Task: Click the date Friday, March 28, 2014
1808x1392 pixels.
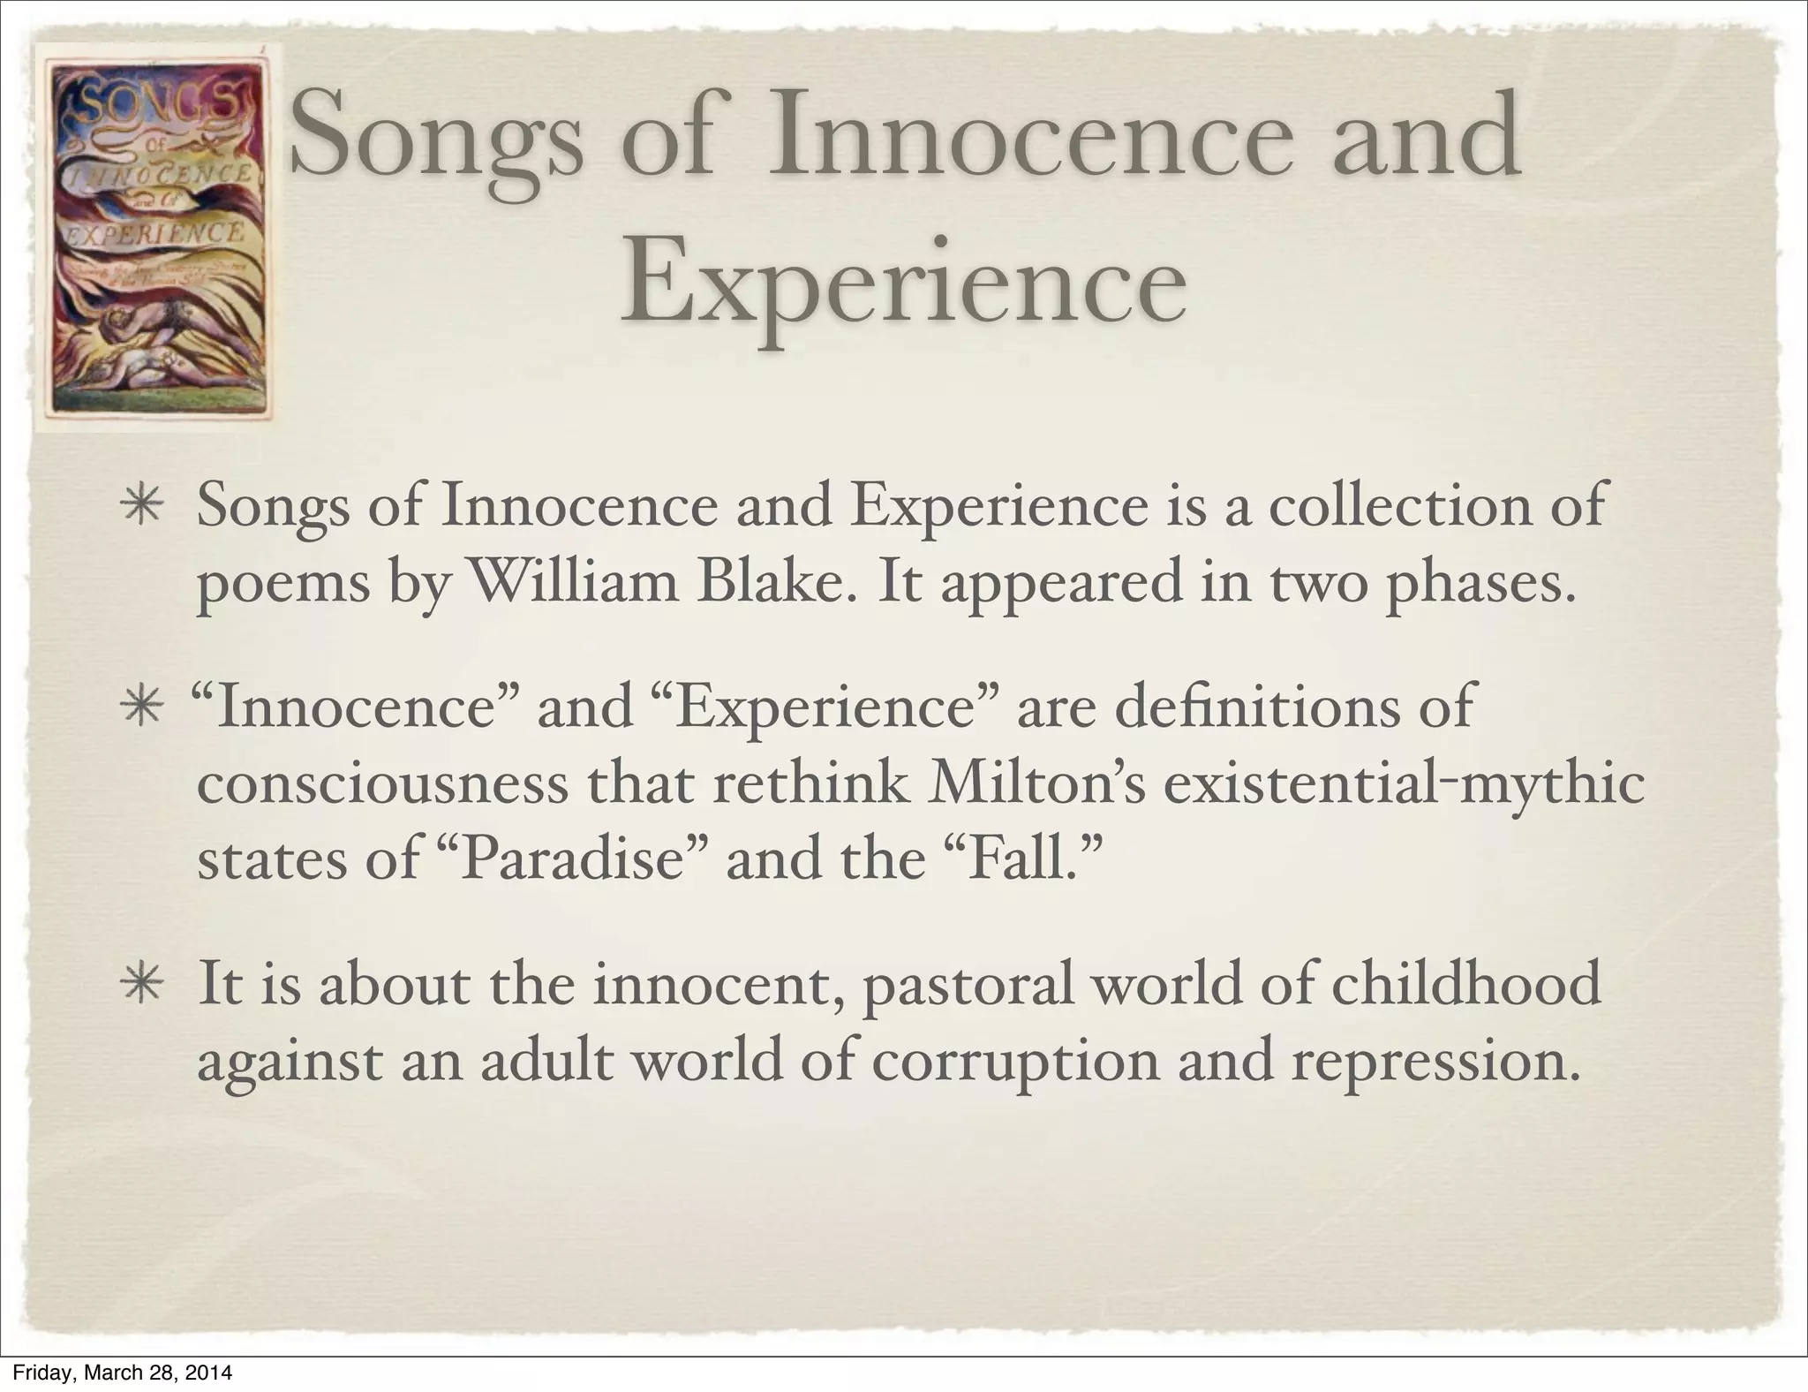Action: click(117, 1373)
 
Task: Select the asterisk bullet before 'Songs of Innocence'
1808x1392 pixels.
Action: click(141, 511)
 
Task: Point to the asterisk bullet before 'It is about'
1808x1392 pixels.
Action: click(141, 987)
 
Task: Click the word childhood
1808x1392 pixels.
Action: click(1465, 984)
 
